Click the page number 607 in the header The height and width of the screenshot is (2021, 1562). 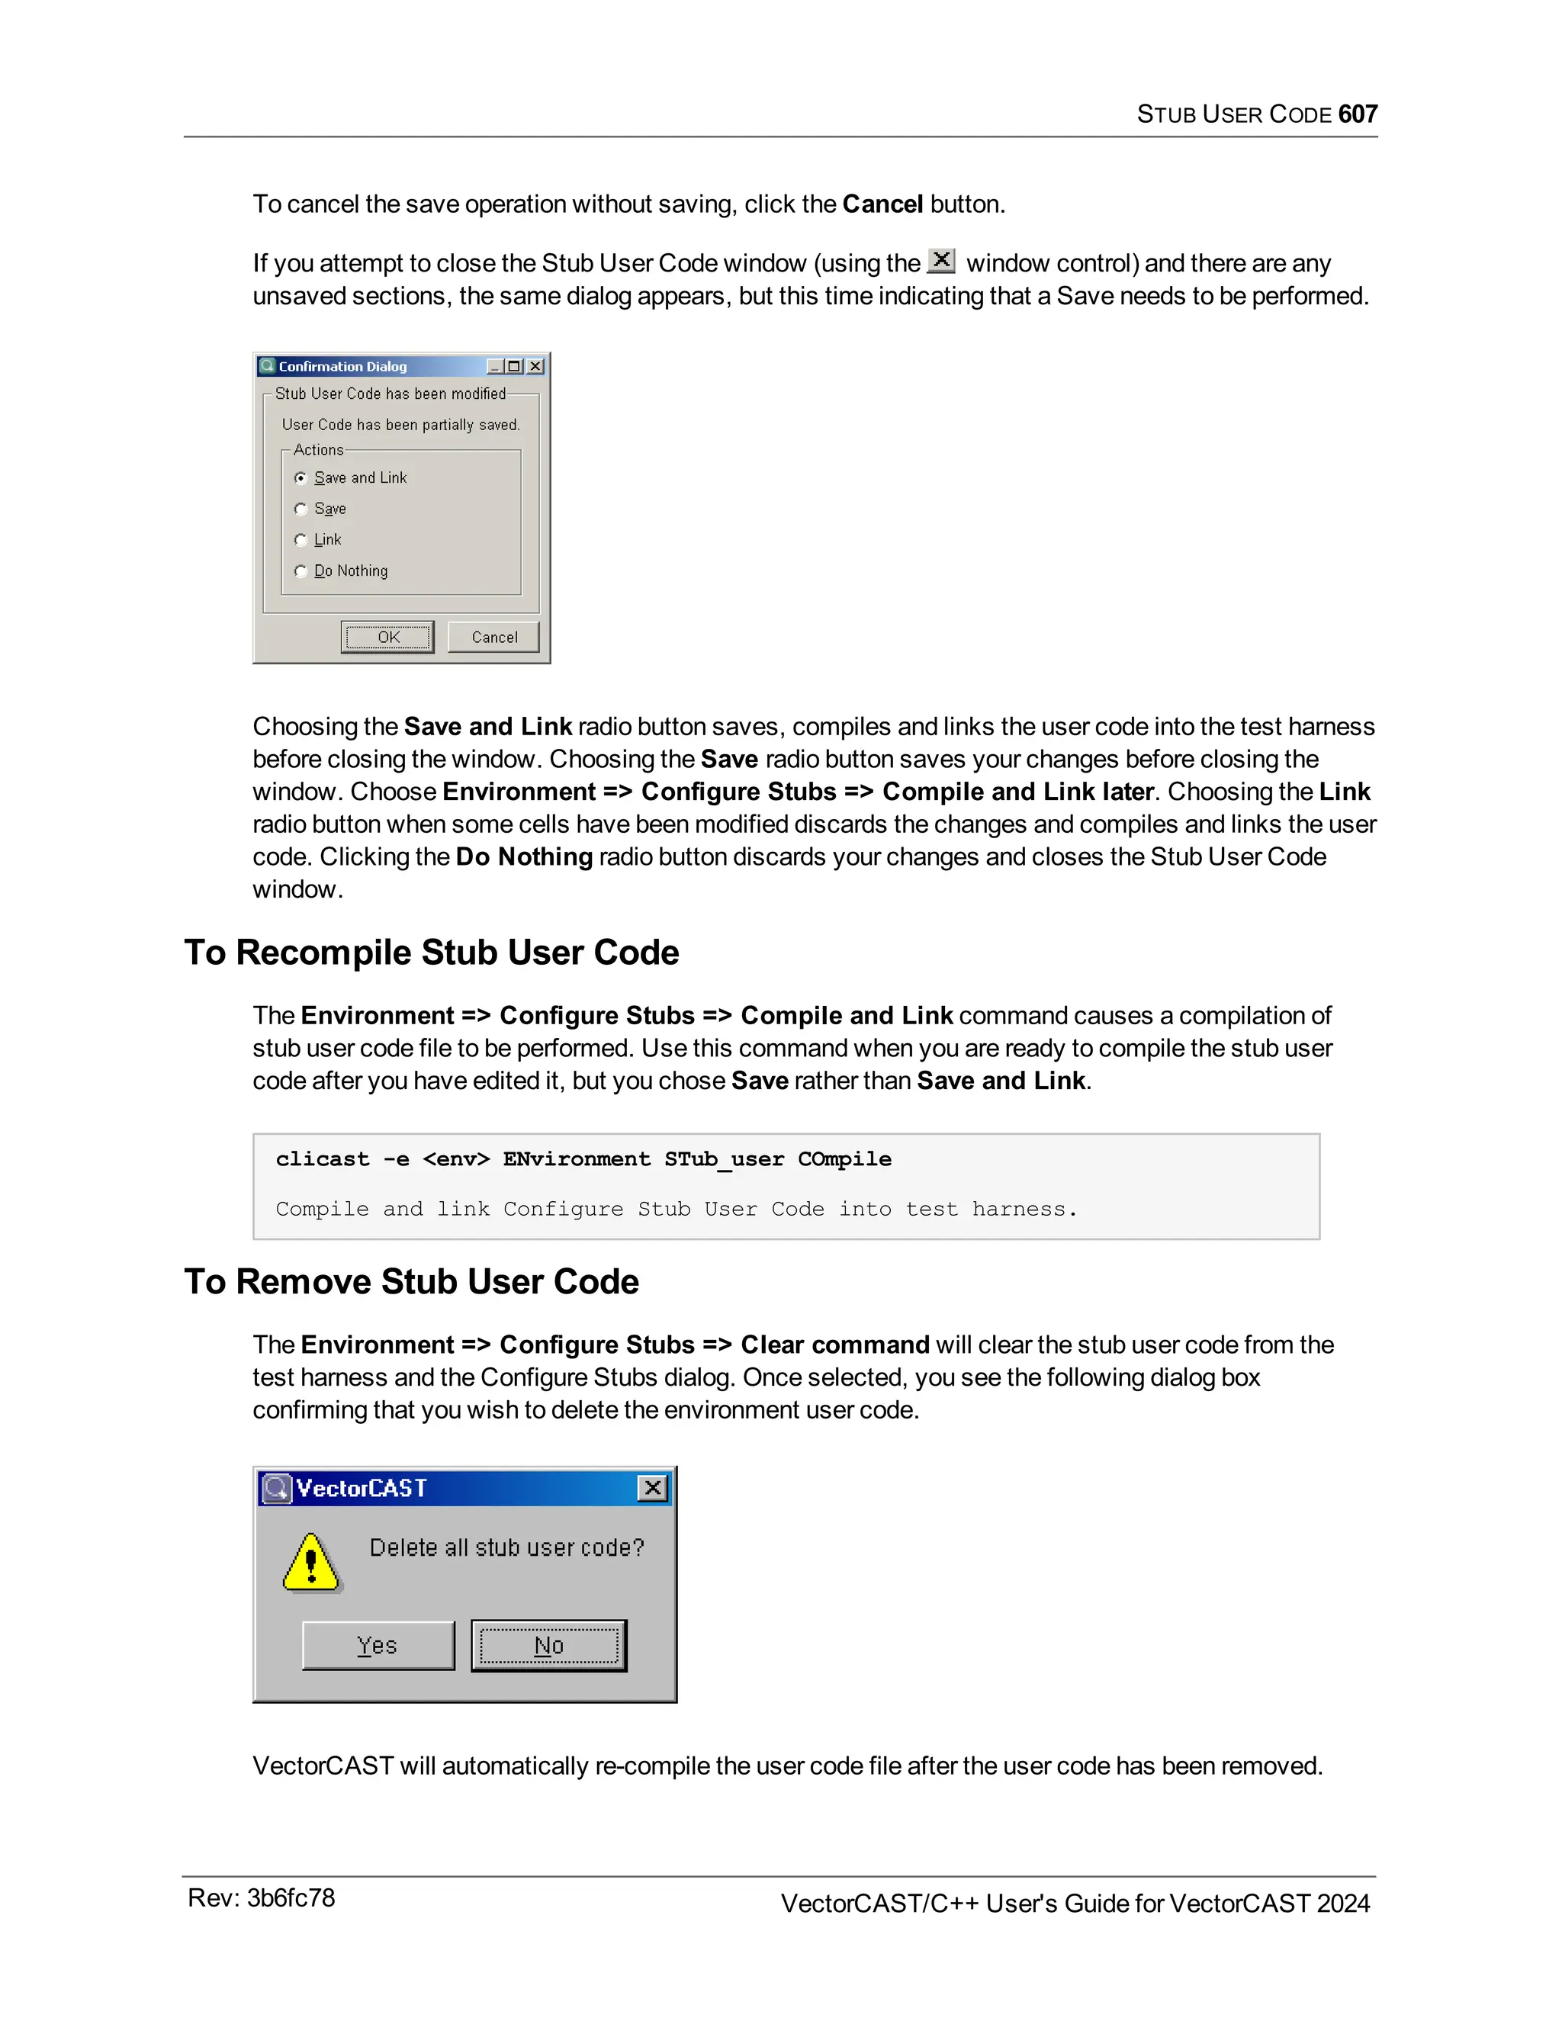[1357, 114]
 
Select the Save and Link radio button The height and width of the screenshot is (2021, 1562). [301, 477]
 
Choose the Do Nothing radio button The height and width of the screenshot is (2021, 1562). [301, 571]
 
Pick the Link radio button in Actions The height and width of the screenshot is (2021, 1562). [301, 539]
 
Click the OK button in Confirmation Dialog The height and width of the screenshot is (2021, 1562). [387, 637]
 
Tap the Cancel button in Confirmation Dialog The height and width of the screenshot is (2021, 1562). [493, 637]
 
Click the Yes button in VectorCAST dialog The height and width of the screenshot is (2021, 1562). [378, 1645]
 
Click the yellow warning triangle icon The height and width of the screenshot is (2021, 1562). [312, 1562]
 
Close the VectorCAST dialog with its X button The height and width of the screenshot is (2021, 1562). [652, 1488]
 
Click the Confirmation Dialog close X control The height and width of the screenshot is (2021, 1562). [535, 366]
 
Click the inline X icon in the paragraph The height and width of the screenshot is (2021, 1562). [941, 261]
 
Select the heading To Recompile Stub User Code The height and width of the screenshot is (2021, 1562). [431, 953]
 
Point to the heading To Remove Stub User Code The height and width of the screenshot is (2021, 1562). [411, 1282]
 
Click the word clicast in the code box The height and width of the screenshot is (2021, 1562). [322, 1159]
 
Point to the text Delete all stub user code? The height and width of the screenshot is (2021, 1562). [506, 1547]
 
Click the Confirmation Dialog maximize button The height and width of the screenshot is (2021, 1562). [515, 366]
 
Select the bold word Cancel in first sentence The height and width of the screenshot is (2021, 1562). [882, 204]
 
